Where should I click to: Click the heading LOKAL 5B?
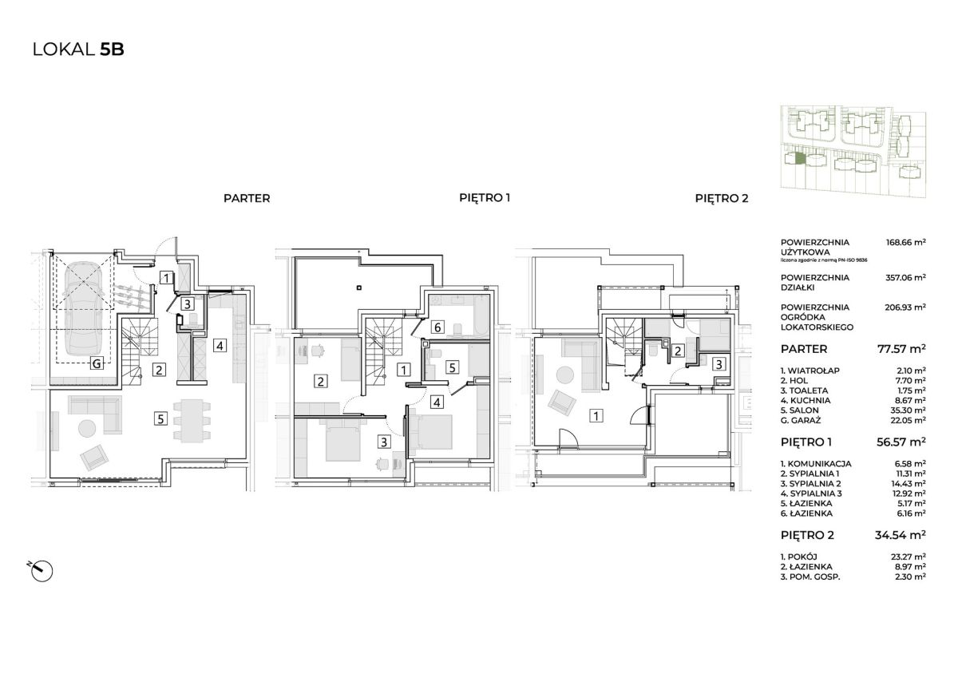[x=78, y=50]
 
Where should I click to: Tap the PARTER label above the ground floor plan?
[x=247, y=199]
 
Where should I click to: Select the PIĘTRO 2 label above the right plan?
[x=722, y=199]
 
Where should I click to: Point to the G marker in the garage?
[x=97, y=364]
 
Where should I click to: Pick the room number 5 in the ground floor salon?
[x=160, y=418]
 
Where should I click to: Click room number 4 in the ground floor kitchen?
[x=220, y=345]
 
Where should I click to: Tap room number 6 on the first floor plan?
[x=437, y=327]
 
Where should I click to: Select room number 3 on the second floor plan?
[x=719, y=364]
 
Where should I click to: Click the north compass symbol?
[x=42, y=570]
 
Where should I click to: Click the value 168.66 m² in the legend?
[x=906, y=242]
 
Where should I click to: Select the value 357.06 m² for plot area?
[x=906, y=278]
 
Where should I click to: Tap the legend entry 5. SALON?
[x=800, y=410]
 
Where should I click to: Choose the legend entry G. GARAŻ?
[x=801, y=421]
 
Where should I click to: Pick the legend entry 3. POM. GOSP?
[x=810, y=577]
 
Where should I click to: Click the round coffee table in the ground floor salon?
[x=87, y=428]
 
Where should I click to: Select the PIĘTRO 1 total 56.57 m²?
[x=901, y=442]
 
